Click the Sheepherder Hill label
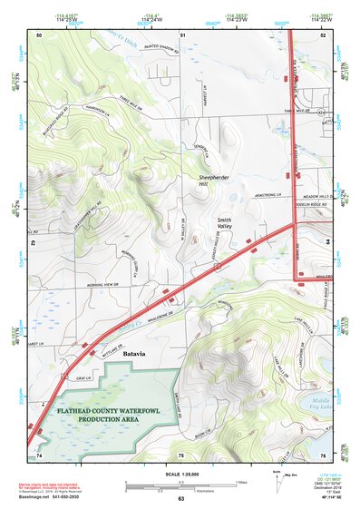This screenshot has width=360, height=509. tap(210, 181)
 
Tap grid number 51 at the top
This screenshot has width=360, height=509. tap(182, 34)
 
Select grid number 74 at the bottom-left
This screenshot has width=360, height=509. tap(39, 454)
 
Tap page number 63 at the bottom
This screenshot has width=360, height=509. tap(181, 499)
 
